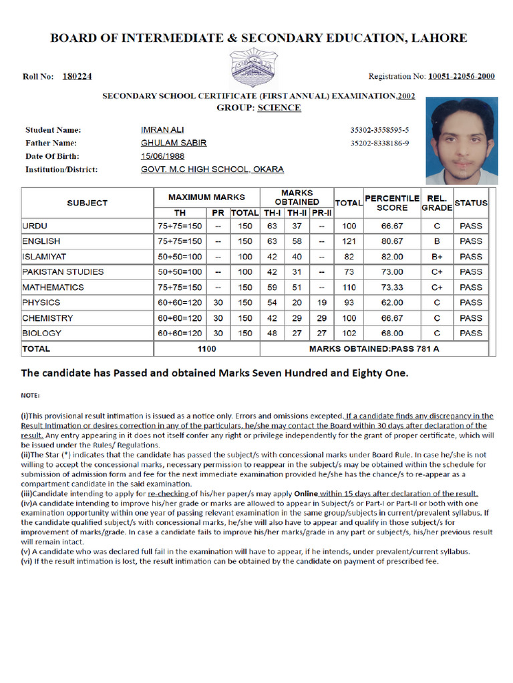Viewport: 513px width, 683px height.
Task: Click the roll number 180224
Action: pyautogui.click(x=77, y=77)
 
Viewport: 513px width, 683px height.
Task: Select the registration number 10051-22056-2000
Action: pyautogui.click(x=461, y=76)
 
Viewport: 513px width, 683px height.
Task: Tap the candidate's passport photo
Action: pyautogui.click(x=462, y=141)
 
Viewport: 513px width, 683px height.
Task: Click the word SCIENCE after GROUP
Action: pyautogui.click(x=279, y=107)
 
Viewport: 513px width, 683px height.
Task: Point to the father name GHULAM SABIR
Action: pyautogui.click(x=174, y=143)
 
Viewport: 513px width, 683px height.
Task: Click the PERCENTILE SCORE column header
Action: pyautogui.click(x=391, y=203)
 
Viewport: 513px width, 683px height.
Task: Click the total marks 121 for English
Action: pyautogui.click(x=349, y=241)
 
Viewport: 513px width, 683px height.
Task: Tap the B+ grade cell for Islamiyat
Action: pyautogui.click(x=437, y=257)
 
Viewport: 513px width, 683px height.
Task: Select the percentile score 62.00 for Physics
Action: pyautogui.click(x=391, y=303)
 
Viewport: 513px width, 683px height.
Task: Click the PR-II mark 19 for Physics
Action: pyautogui.click(x=321, y=303)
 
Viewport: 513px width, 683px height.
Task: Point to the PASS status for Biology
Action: pyautogui.click(x=471, y=333)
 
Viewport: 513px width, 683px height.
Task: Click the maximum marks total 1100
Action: pyautogui.click(x=207, y=349)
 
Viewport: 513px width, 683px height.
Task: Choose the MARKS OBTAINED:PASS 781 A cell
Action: pyautogui.click(x=374, y=349)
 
